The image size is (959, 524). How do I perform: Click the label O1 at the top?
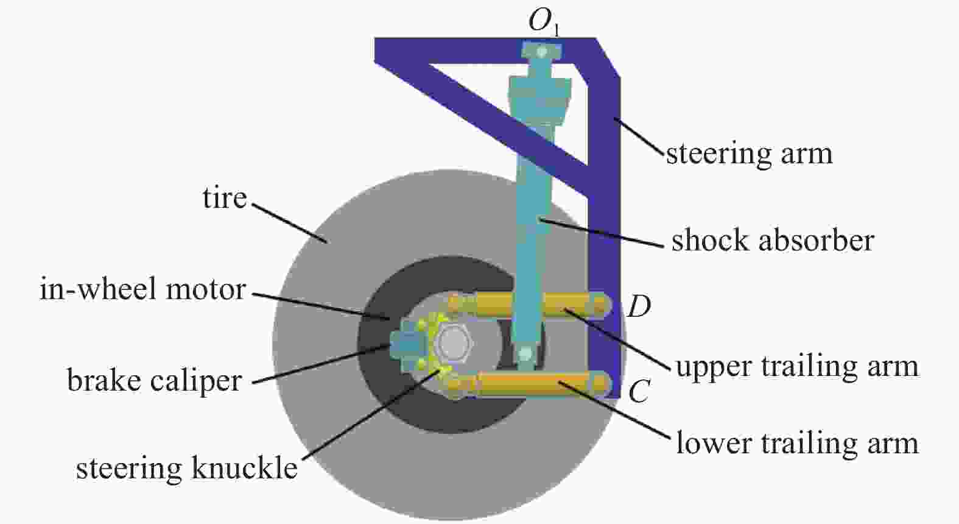(x=544, y=21)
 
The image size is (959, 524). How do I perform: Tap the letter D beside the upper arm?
(x=639, y=306)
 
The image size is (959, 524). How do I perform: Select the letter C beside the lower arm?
(x=639, y=391)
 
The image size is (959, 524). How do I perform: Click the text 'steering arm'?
(x=749, y=154)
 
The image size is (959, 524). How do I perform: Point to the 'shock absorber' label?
(x=773, y=240)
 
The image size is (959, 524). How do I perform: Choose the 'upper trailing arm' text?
(x=797, y=367)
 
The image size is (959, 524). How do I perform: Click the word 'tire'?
(x=225, y=198)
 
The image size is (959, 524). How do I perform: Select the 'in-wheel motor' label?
(x=142, y=289)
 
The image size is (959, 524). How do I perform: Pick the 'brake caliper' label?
(x=155, y=380)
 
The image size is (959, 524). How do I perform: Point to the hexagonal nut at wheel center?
(x=453, y=343)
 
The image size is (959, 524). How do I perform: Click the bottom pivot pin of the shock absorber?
(x=525, y=354)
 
